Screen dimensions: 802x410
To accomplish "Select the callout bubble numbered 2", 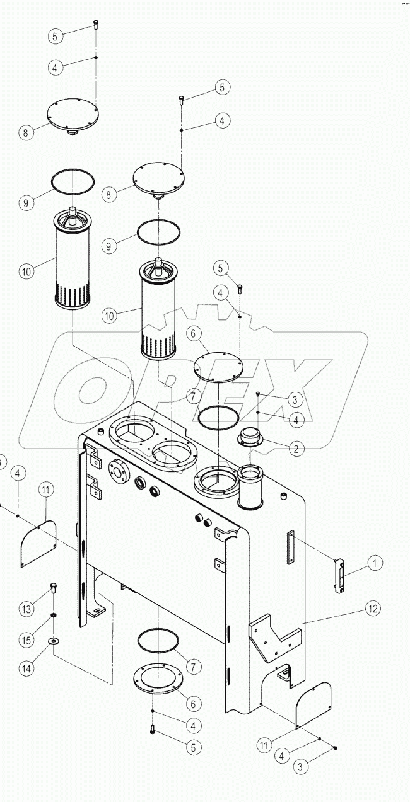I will click(295, 449).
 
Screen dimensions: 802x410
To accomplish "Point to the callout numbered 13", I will click(25, 609).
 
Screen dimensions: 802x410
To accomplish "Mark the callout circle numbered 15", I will click(25, 640).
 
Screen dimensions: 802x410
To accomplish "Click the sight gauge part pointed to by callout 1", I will click(341, 575).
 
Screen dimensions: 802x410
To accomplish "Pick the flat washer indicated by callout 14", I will click(53, 641).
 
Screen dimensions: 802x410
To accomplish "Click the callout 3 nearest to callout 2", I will click(294, 399).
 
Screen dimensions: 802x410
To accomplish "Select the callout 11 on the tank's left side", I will click(46, 489).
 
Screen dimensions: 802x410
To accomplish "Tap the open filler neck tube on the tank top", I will click(252, 486).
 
